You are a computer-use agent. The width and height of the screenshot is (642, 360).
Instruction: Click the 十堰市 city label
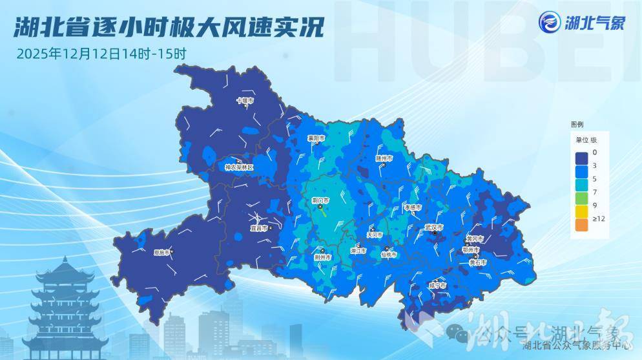tap(244, 101)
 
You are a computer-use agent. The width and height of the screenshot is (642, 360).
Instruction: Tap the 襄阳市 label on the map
tap(316, 138)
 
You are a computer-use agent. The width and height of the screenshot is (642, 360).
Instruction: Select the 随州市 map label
tap(384, 157)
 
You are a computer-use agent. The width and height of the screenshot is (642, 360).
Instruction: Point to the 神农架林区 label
tap(239, 167)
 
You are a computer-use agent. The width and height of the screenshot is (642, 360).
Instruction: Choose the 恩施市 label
tap(161, 252)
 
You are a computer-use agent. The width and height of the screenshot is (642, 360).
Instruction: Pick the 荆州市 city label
tap(322, 257)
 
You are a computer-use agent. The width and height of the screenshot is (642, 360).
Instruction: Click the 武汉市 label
tap(433, 228)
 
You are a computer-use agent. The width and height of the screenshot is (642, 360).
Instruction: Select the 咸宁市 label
tap(437, 284)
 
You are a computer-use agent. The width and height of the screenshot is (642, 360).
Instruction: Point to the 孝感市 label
tap(412, 207)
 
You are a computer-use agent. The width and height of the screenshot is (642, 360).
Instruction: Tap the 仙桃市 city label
tap(388, 255)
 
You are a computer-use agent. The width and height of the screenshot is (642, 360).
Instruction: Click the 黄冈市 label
tap(474, 238)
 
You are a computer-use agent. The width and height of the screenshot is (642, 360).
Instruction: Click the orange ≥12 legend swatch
tap(580, 224)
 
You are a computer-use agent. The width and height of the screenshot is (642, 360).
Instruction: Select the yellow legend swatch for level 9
tap(580, 210)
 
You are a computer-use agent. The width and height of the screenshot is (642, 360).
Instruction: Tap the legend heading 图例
tap(577, 123)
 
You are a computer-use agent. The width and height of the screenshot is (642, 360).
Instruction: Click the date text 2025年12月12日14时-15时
tap(101, 53)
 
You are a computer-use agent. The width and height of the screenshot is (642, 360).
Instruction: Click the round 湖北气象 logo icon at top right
tap(550, 23)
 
